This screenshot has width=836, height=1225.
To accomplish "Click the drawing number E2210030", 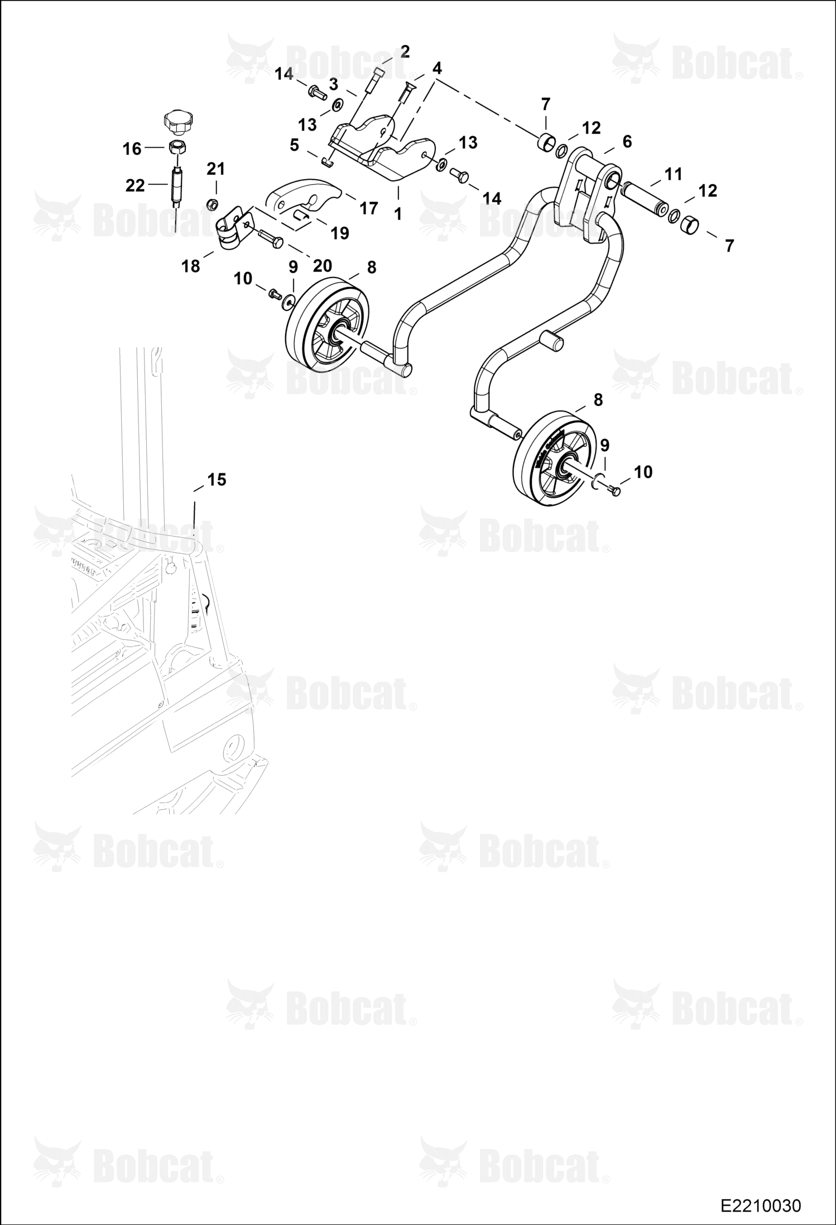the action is pyautogui.click(x=761, y=1205).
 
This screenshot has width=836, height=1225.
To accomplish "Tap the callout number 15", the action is pyautogui.click(x=217, y=480).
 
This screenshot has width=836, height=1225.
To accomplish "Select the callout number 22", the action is pyautogui.click(x=135, y=185).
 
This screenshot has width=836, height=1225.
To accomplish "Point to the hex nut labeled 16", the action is pyautogui.click(x=178, y=149).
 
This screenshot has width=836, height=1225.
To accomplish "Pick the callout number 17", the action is pyautogui.click(x=368, y=208).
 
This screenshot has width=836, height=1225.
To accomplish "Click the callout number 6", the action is pyautogui.click(x=627, y=142).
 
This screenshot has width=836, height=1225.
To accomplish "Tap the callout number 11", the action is pyautogui.click(x=674, y=174).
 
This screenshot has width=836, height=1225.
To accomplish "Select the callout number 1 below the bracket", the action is pyautogui.click(x=398, y=214).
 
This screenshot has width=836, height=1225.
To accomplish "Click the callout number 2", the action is pyautogui.click(x=405, y=52).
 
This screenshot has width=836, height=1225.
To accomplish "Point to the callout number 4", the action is pyautogui.click(x=437, y=69).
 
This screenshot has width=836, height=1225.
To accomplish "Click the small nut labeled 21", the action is pyautogui.click(x=212, y=205).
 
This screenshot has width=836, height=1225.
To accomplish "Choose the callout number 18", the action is pyautogui.click(x=191, y=266).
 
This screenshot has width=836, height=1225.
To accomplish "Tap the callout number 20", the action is pyautogui.click(x=323, y=266).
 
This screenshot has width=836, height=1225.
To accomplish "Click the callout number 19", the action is pyautogui.click(x=340, y=233).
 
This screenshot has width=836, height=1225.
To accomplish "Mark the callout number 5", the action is pyautogui.click(x=294, y=145).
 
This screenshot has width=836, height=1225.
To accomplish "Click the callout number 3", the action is pyautogui.click(x=333, y=84).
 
